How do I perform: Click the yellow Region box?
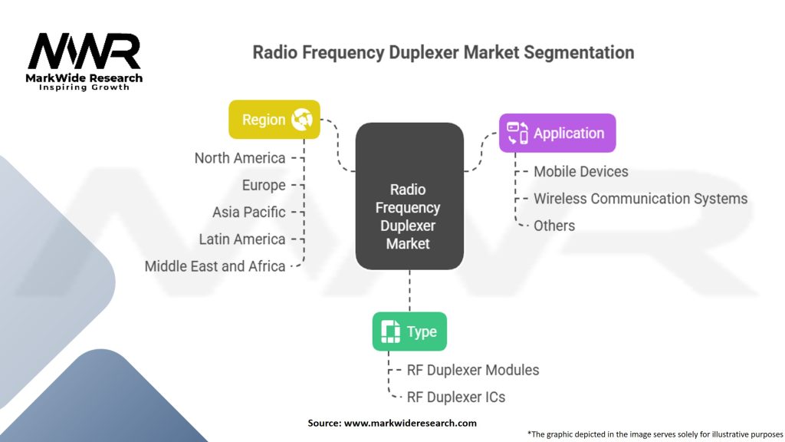coord(274,119)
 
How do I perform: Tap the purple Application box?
coord(557,133)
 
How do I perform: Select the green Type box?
coord(409,331)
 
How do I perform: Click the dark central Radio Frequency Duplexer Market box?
coord(409,196)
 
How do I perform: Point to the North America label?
coord(240,158)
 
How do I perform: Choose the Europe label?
coord(264,185)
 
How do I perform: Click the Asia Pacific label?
coord(249,212)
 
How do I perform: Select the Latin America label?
coord(242,239)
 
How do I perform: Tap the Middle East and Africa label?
coord(215,266)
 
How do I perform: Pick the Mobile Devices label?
coord(581,171)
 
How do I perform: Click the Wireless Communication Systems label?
coord(640,199)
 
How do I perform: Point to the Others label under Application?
coord(554,226)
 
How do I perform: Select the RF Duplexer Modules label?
coord(473,370)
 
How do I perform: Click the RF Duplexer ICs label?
coord(456,397)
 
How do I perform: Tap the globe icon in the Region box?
coord(302,119)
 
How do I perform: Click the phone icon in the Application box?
coord(517,133)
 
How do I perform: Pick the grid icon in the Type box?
coord(390,331)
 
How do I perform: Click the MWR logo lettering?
coord(84,51)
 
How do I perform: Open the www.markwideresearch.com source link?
coord(410,423)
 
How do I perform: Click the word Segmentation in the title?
coord(579,53)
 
